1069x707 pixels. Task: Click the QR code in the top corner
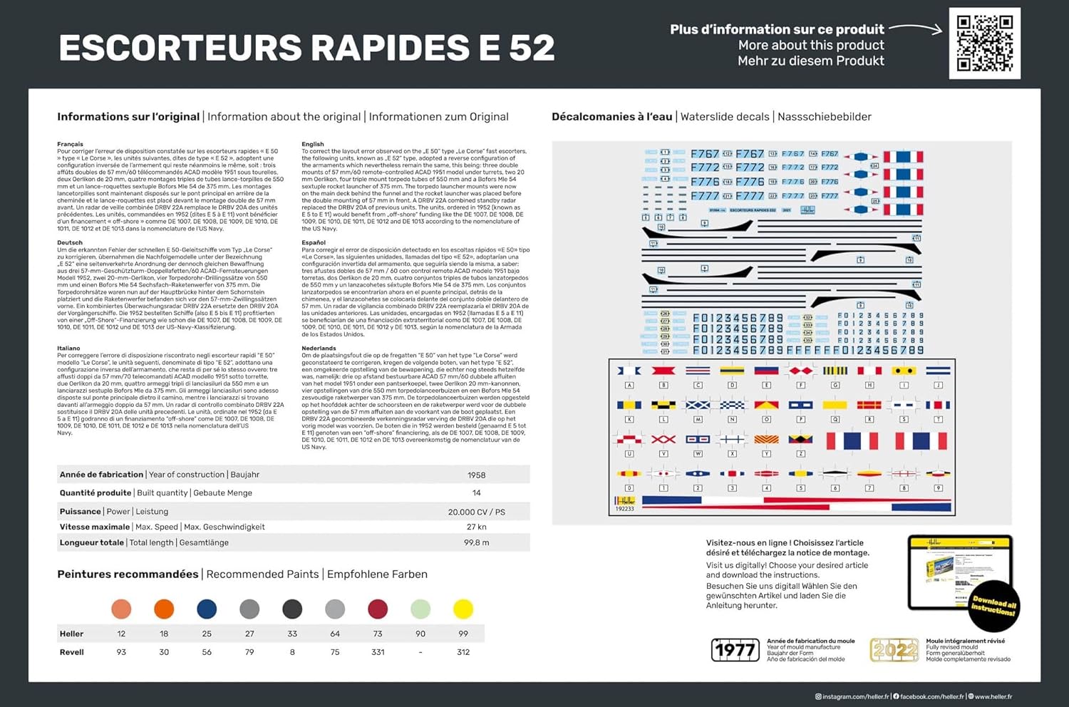(x=984, y=43)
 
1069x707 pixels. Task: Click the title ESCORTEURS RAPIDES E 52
(x=306, y=48)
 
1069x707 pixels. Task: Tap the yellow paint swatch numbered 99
(x=463, y=609)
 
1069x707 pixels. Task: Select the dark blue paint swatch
(x=207, y=609)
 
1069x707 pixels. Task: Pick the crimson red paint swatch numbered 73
(x=378, y=609)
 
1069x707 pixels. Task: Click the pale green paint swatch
(x=420, y=609)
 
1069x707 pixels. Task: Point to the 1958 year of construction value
(x=476, y=475)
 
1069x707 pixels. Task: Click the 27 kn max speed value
(x=476, y=527)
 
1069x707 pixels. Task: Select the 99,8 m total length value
(x=476, y=542)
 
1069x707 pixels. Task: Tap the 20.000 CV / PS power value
(x=476, y=512)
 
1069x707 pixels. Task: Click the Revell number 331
(x=378, y=652)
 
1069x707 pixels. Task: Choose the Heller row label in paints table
(x=71, y=634)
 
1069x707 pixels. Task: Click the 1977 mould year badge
(x=735, y=649)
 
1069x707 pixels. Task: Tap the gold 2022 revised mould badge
(x=894, y=649)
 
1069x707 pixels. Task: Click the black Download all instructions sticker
(x=994, y=607)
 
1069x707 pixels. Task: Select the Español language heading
(x=314, y=242)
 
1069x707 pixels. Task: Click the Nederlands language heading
(x=319, y=349)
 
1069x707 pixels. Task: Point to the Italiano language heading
(x=68, y=349)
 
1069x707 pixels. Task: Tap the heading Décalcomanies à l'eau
(x=611, y=117)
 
